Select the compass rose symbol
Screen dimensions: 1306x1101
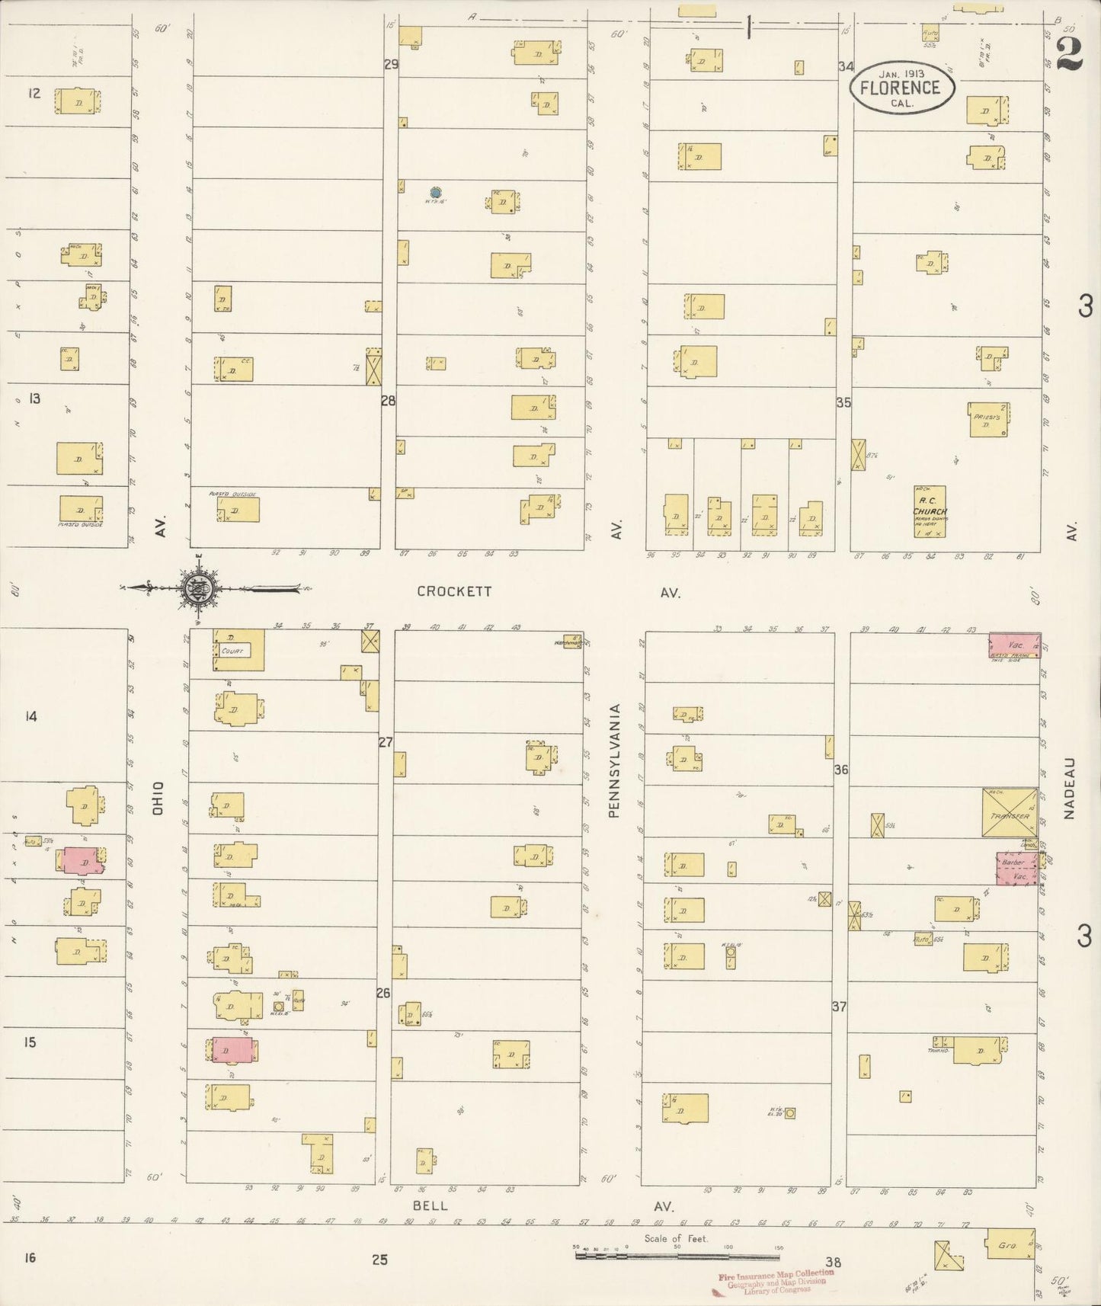198,587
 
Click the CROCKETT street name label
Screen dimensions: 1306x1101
454,591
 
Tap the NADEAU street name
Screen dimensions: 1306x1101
1069,788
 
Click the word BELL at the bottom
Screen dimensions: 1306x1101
430,1206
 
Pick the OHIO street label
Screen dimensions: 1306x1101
158,798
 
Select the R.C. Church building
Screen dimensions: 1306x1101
930,511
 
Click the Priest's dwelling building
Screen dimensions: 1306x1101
989,419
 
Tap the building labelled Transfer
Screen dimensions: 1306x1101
1010,815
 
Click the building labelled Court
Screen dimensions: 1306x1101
238,650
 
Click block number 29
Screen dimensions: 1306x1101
391,64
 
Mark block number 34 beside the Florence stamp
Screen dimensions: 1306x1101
846,66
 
